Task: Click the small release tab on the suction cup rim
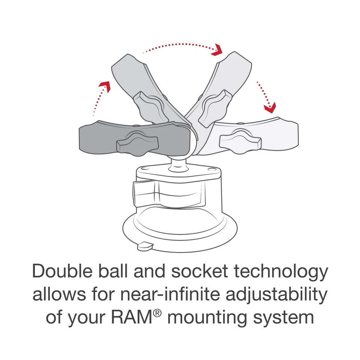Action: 145,246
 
